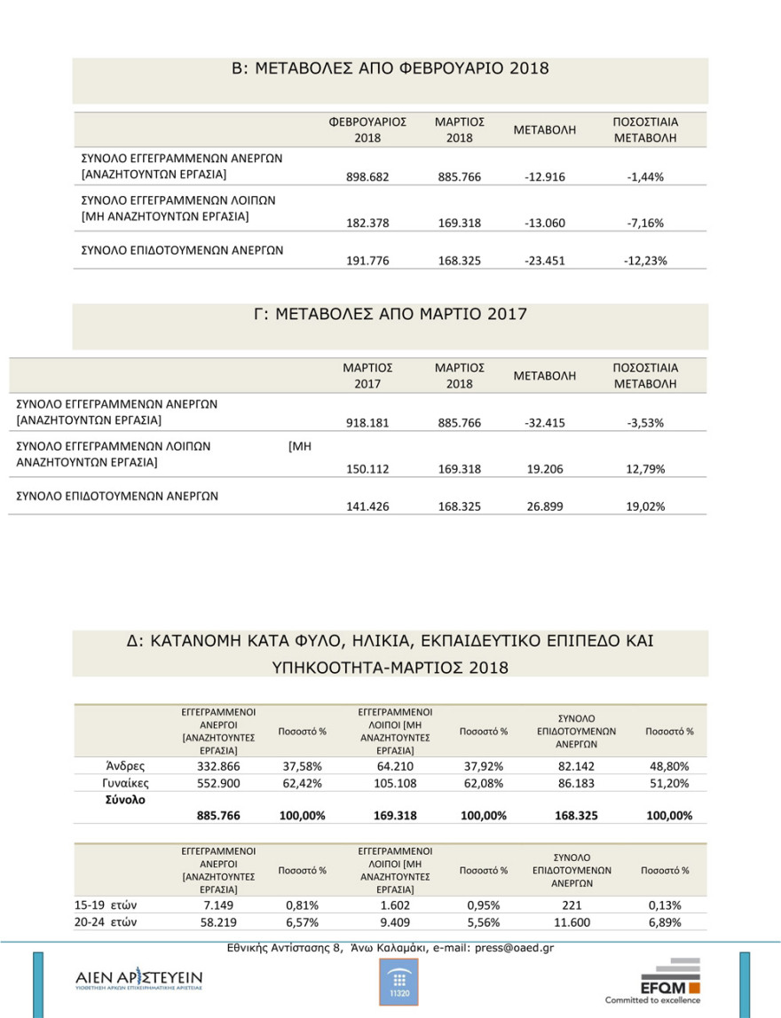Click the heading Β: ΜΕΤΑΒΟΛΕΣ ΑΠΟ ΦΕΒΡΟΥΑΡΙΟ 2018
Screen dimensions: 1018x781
click(x=390, y=68)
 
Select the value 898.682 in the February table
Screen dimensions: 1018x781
click(x=367, y=176)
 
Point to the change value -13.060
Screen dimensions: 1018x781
click(x=545, y=223)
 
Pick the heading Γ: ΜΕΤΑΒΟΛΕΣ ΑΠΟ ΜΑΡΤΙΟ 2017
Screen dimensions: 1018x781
click(x=390, y=314)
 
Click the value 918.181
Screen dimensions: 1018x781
click(x=367, y=423)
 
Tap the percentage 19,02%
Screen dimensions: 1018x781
click(x=645, y=506)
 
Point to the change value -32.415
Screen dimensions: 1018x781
click(x=545, y=423)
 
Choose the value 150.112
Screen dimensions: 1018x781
click(x=367, y=469)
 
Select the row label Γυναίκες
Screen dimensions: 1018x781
click(x=125, y=783)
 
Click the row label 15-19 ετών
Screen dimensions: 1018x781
click(x=105, y=905)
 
